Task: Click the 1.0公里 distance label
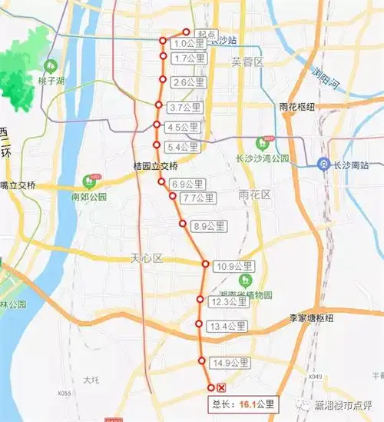[x=189, y=43]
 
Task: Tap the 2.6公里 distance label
[x=189, y=82]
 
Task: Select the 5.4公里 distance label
[x=184, y=147]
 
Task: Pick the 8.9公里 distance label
[x=209, y=226]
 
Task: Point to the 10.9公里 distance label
[x=234, y=267]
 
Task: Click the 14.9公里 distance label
[x=230, y=363]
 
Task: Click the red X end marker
[x=221, y=387]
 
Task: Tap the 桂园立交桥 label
[x=155, y=166]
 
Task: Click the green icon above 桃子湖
[x=51, y=66]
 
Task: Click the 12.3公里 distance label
[x=229, y=302]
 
